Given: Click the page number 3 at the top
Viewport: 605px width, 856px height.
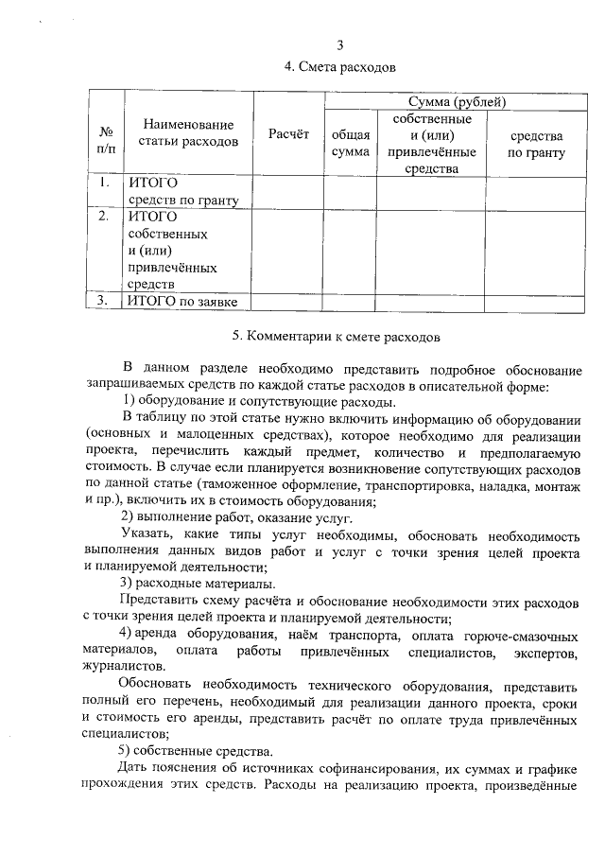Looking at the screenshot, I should pyautogui.click(x=340, y=46).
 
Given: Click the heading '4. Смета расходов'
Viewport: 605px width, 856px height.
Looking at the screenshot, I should pyautogui.click(x=340, y=67).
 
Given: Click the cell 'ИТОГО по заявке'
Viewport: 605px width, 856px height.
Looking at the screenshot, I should pyautogui.click(x=181, y=302).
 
